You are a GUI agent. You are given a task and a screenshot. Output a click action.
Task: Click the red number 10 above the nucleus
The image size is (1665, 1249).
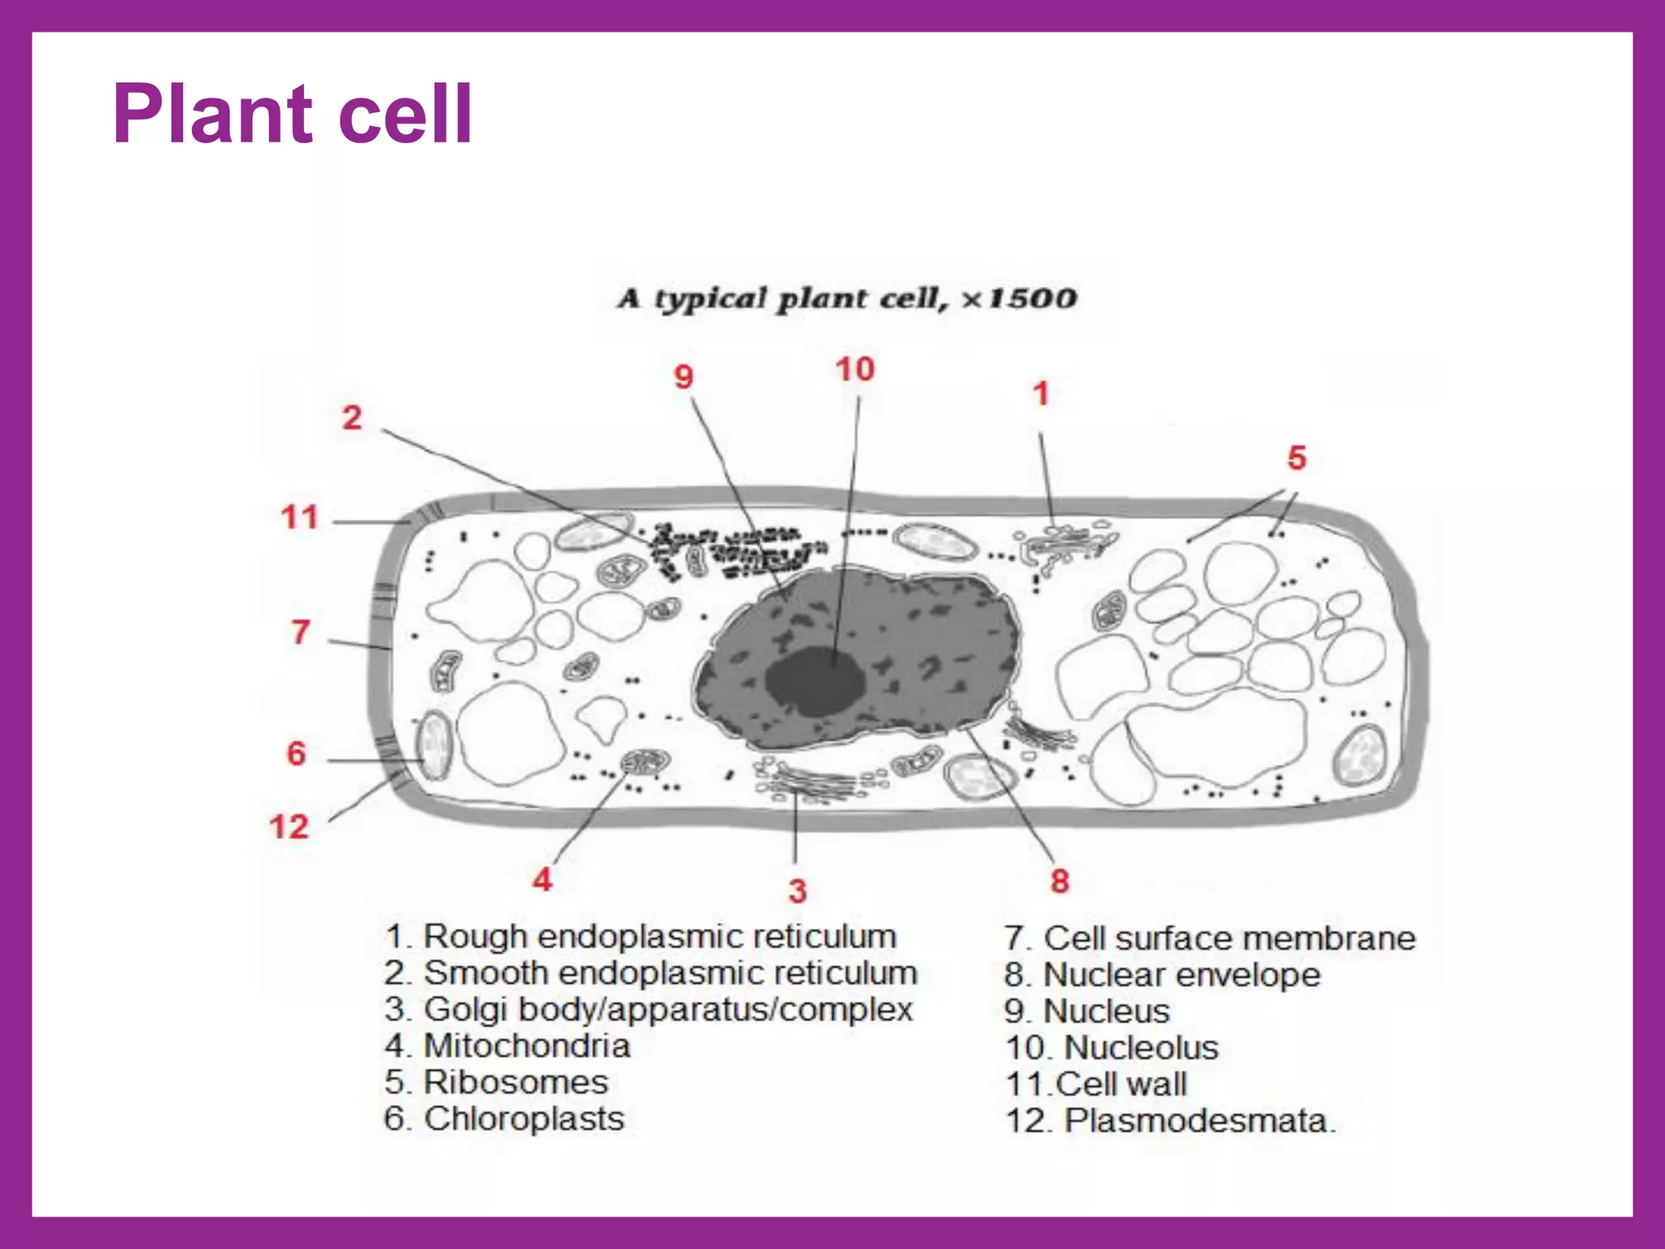pos(854,370)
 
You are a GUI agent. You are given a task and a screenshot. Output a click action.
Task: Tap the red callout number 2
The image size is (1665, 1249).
pos(351,418)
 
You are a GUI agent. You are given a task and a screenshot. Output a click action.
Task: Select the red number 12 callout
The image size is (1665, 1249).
pos(289,827)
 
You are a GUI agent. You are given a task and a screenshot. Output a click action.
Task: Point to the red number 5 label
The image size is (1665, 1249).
pos(1297,458)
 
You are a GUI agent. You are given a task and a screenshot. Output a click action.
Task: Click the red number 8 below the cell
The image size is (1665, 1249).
pos(1059,881)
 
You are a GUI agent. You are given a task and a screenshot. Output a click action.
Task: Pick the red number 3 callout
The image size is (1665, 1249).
pos(798,891)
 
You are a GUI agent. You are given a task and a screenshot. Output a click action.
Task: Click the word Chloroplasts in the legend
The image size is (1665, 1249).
pos(524,1119)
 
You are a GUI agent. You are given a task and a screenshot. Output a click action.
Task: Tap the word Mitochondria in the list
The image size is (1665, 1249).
pos(527,1046)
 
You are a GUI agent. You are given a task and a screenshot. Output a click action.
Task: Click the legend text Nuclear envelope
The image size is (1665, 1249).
pos(1180,974)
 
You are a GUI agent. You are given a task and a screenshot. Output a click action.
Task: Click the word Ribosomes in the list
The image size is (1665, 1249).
pos(515,1082)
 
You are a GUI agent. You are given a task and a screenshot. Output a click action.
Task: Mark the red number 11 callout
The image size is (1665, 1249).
pos(299,517)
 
